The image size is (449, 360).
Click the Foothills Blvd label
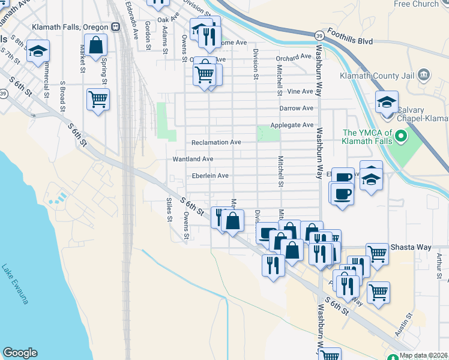[x=351, y=41]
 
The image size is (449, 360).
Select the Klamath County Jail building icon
[x=424, y=75]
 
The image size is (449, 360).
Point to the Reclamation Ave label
[x=216, y=142]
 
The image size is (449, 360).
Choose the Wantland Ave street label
[x=193, y=159]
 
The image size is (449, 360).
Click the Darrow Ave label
[x=297, y=109]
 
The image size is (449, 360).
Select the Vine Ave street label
[x=300, y=92]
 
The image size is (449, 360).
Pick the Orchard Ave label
[x=294, y=58]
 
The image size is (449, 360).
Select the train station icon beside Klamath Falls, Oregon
[x=115, y=27]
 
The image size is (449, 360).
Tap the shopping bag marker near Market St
[x=95, y=45]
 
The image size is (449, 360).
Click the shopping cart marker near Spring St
[x=98, y=99]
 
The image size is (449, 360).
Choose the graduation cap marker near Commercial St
[x=38, y=51]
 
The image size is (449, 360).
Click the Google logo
[x=20, y=353]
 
